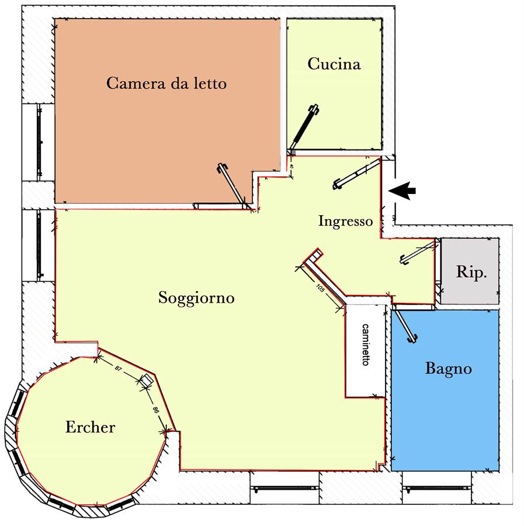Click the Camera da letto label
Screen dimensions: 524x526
[x=166, y=83]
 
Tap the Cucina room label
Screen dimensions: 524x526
[x=334, y=64]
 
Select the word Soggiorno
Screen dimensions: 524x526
[x=196, y=298]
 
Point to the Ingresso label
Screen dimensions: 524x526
[x=345, y=221]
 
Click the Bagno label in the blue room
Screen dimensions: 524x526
[x=449, y=369]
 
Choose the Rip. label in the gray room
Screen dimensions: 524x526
[x=471, y=272]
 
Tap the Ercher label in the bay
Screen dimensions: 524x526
[x=90, y=427]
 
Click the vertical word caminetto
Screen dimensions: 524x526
[x=366, y=344]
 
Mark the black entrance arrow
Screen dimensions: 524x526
[x=402, y=191]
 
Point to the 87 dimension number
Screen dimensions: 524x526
[x=118, y=368]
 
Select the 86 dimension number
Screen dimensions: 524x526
[x=155, y=410]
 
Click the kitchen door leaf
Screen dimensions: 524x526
[x=304, y=127]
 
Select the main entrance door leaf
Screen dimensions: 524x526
[x=357, y=174]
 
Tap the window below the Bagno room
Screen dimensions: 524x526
[x=436, y=487]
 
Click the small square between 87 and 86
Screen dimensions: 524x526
[x=146, y=380]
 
